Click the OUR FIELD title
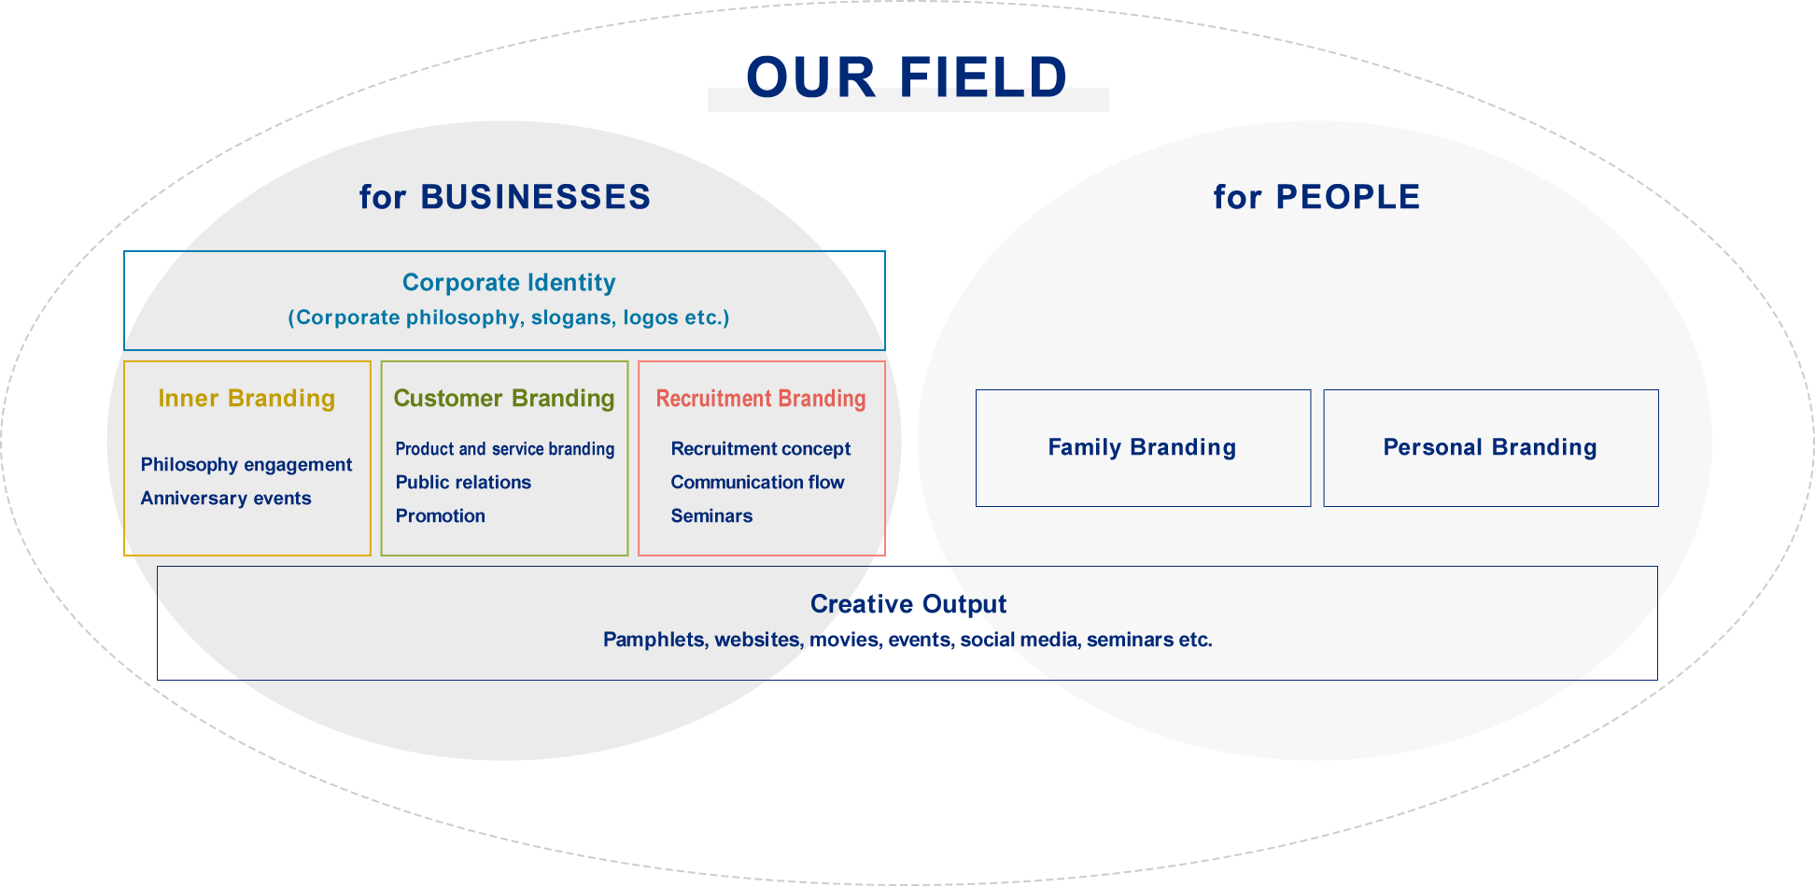(907, 77)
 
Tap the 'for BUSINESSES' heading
(505, 197)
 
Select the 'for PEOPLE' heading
(1316, 197)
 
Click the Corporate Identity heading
(509, 283)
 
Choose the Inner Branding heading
(246, 399)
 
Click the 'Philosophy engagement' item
(246, 465)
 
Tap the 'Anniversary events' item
(226, 499)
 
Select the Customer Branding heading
(504, 399)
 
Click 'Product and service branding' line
(505, 449)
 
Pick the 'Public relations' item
(463, 483)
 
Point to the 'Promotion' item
(441, 516)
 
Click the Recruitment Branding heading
(761, 399)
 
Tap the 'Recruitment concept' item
(761, 449)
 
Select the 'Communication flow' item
(757, 483)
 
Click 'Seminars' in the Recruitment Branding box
(711, 516)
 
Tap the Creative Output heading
(908, 604)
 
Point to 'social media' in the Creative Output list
(1019, 640)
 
